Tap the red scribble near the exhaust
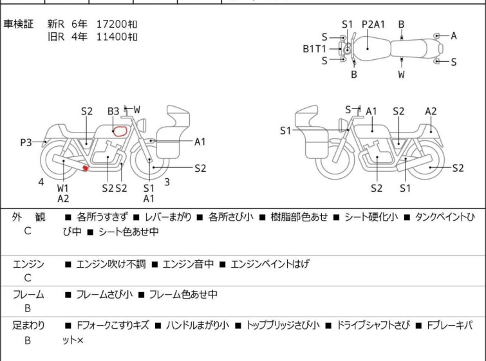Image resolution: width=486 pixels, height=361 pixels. click(85, 168)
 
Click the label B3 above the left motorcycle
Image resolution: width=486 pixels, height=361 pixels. click(113, 111)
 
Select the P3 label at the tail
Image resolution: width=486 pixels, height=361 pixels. click(26, 143)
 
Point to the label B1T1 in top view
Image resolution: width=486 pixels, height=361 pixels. click(314, 49)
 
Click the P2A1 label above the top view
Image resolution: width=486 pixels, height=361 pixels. click(373, 24)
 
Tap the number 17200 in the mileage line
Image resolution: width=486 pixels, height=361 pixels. click(112, 24)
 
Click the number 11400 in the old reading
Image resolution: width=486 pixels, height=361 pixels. click(112, 37)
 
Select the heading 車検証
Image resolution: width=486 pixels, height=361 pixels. click(18, 24)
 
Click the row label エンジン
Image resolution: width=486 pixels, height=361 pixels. click(28, 264)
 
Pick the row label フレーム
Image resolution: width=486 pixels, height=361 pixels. click(28, 294)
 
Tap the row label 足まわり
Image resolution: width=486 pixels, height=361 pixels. click(28, 326)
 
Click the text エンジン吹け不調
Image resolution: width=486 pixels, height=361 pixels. click(111, 264)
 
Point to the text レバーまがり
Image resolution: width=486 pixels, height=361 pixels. click(168, 217)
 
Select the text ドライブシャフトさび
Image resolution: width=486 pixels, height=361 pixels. click(373, 326)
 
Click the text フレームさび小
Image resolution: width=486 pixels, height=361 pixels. click(104, 294)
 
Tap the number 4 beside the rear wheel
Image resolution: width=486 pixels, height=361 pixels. click(41, 182)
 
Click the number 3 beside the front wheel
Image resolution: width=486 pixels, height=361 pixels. click(167, 182)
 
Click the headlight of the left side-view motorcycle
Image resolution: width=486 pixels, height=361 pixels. click(142, 125)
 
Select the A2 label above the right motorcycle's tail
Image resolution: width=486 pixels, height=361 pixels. click(431, 111)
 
